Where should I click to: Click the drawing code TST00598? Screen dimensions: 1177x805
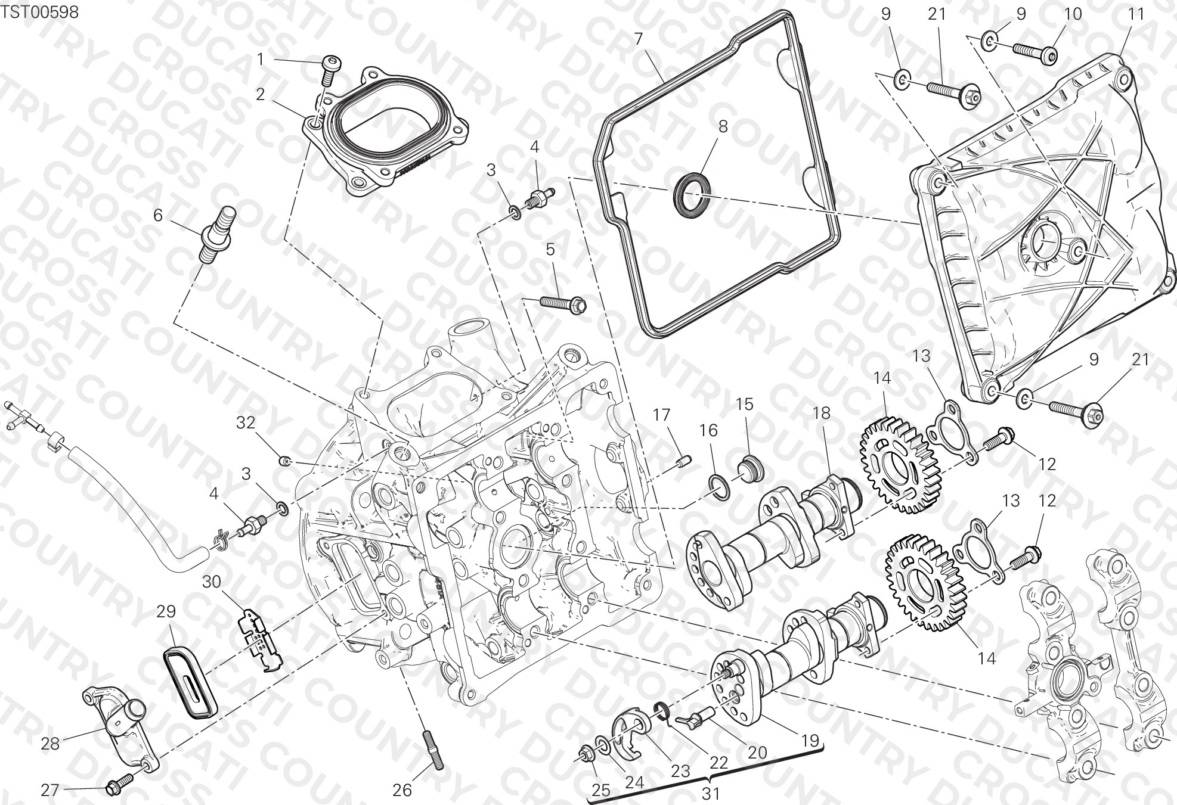click(x=40, y=12)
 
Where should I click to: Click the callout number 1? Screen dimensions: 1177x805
click(x=261, y=58)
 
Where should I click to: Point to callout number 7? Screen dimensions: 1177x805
click(x=639, y=39)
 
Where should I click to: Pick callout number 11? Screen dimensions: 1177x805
click(x=1136, y=13)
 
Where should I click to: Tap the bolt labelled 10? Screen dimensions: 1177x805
click(x=1035, y=52)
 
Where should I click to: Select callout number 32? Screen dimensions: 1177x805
click(x=246, y=422)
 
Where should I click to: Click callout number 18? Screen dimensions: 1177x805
click(x=822, y=413)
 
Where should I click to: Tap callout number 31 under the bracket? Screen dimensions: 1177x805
click(x=710, y=794)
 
